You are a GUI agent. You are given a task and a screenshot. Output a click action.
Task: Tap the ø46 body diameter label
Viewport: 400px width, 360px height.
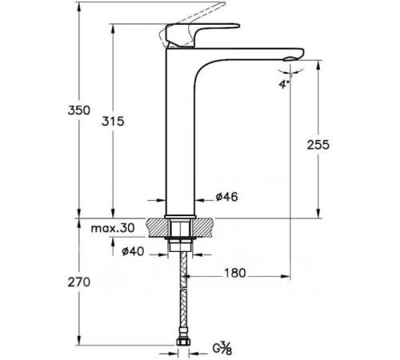click(226, 196)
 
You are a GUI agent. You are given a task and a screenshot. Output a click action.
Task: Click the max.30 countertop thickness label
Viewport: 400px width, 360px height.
click(111, 228)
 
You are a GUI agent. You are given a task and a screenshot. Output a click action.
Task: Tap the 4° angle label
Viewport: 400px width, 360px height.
click(283, 82)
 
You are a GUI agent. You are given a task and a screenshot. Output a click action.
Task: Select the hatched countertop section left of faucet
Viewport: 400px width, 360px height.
click(157, 226)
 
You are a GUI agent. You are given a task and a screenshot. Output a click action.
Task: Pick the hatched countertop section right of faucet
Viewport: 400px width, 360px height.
click(204, 226)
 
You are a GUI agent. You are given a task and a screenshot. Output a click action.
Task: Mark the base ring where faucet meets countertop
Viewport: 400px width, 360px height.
click(180, 215)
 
